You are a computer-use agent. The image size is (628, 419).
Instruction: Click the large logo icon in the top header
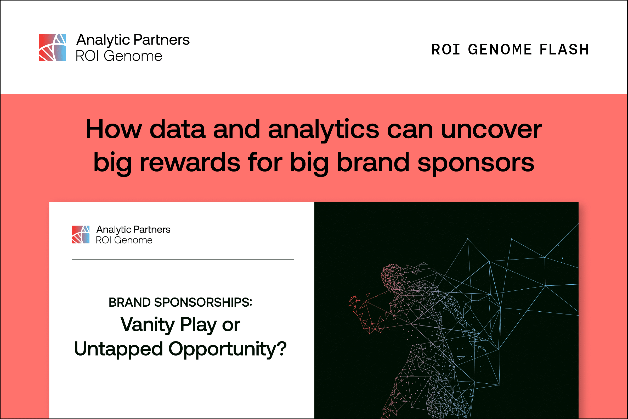[x=52, y=47]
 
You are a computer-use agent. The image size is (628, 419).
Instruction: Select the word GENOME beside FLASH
[x=500, y=50]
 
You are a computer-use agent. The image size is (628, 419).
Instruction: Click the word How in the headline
[x=114, y=129]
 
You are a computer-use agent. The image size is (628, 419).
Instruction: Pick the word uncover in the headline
[x=491, y=129]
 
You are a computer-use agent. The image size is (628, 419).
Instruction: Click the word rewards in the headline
[x=190, y=162]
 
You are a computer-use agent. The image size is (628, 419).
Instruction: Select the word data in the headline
[x=178, y=129]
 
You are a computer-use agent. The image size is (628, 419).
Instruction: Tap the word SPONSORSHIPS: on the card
[x=203, y=302]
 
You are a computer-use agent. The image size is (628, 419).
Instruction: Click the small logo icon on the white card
[x=80, y=234]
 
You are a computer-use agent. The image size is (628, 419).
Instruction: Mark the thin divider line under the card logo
[x=183, y=259]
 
